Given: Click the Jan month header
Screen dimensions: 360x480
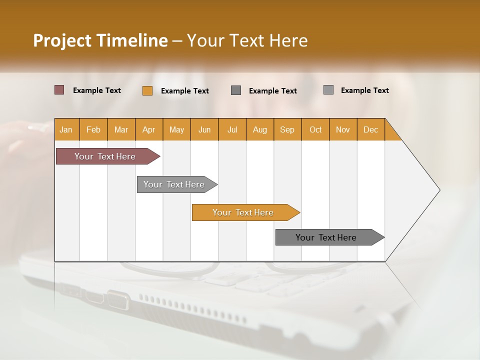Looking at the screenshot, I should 66,129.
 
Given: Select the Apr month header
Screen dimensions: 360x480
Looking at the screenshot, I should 149,129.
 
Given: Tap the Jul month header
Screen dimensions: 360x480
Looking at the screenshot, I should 232,129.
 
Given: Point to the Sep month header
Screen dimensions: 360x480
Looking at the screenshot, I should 287,129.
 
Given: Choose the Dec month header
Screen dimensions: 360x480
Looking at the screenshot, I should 370,129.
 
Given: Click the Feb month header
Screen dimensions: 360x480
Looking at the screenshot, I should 93,129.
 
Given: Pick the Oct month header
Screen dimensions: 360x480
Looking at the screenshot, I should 315,129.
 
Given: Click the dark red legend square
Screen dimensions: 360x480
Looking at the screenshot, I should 59,90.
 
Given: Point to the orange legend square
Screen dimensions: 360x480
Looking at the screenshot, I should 147,90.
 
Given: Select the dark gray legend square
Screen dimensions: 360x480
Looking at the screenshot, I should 236,90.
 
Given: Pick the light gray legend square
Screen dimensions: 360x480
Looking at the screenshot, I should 328,90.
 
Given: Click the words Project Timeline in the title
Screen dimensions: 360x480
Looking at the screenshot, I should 100,40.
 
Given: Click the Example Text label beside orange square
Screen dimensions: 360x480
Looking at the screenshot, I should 185,91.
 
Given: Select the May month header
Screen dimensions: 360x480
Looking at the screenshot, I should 176,129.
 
